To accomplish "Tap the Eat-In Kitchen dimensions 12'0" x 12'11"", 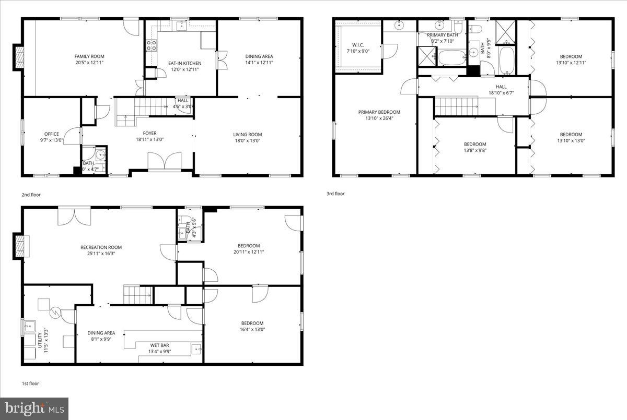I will [x=184, y=69].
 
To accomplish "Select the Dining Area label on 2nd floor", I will [x=259, y=56].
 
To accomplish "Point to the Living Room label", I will [x=248, y=134].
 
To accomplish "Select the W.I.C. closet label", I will [x=358, y=44].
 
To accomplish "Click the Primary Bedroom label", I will [x=379, y=112].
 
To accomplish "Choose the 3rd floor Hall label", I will [x=501, y=87].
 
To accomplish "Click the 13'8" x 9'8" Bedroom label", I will [x=475, y=145].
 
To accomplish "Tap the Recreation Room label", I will [x=101, y=247].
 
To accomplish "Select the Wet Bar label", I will [x=159, y=345].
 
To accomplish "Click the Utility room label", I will [x=39, y=340].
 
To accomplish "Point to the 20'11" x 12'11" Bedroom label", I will [x=249, y=246].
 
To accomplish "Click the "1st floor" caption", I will [x=30, y=383].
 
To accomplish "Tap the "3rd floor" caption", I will [x=335, y=194].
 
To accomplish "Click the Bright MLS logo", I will [x=34, y=408].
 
